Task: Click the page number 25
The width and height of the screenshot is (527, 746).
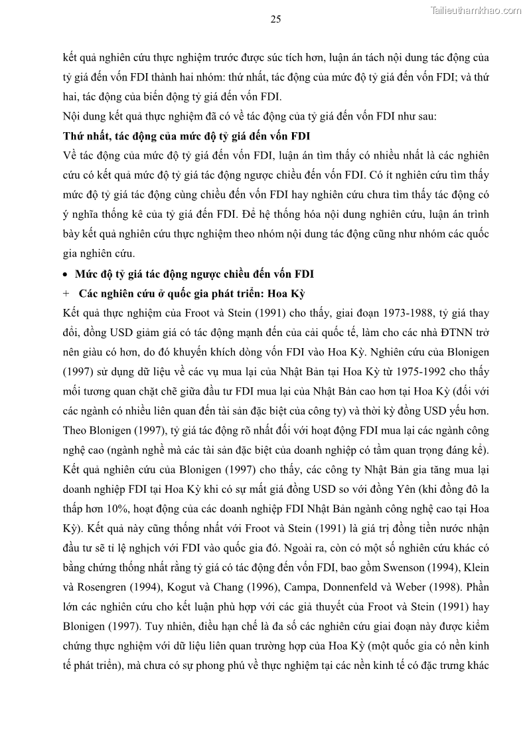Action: pos(275,19)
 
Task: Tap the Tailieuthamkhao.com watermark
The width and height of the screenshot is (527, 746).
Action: pos(477,10)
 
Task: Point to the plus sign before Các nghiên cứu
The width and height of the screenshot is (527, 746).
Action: pos(66,293)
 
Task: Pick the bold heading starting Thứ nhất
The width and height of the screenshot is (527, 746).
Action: pos(186,137)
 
